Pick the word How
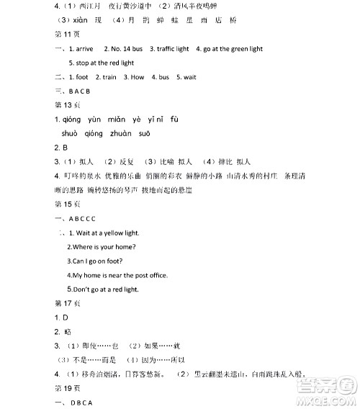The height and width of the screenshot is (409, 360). coord(138,77)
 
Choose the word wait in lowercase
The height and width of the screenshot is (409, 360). coord(190,77)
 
